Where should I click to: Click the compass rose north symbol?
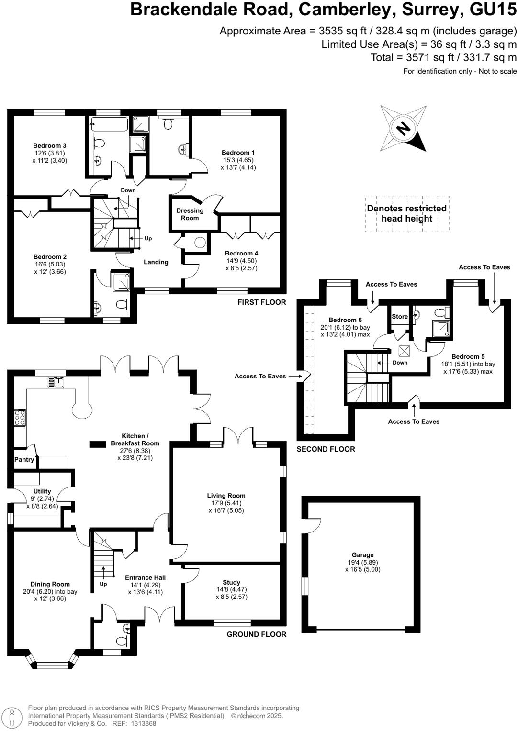coord(403,128)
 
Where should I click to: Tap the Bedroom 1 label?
coord(238,153)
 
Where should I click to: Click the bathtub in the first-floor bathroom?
coord(109,125)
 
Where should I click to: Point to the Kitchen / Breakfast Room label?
coord(135,440)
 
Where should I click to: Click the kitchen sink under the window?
coord(57,382)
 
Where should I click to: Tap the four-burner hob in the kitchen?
coord(20,418)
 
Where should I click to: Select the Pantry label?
coord(24,460)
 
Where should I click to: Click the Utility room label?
coord(42,491)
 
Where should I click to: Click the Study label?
coord(231,582)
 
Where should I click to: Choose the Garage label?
coord(362,555)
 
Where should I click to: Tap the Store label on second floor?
coord(400,317)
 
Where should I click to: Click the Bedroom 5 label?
coord(468,356)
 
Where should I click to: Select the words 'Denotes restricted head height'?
coord(406,213)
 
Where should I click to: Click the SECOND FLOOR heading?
coord(326,449)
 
